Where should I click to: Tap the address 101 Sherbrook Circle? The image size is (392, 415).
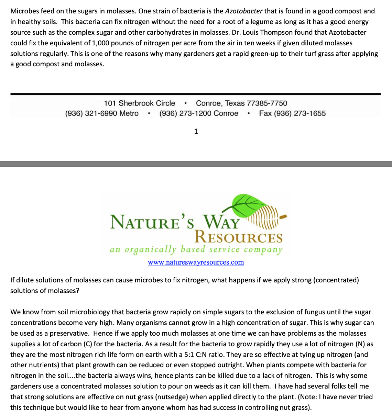pyautogui.click(x=139, y=103)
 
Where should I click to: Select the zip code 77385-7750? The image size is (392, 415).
pyautogui.click(x=267, y=103)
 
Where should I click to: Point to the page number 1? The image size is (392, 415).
pyautogui.click(x=196, y=131)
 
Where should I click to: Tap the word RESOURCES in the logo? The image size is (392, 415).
pyautogui.click(x=238, y=238)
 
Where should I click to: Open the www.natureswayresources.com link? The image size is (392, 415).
pyautogui.click(x=196, y=262)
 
